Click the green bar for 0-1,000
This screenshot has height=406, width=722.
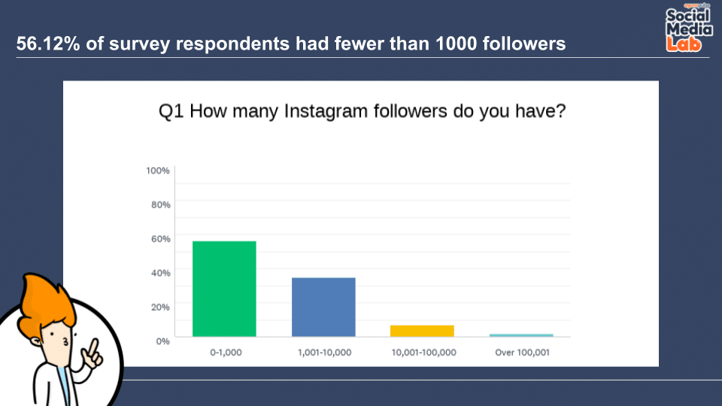(x=224, y=289)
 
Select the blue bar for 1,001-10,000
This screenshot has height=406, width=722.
(x=323, y=307)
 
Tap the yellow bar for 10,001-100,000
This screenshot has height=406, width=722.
(x=423, y=331)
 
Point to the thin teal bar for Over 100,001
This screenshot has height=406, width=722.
(x=521, y=335)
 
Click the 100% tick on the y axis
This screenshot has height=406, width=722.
(x=158, y=171)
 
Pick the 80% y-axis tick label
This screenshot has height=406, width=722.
(x=160, y=205)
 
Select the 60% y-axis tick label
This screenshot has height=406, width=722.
(x=160, y=238)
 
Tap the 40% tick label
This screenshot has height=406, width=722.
(x=160, y=272)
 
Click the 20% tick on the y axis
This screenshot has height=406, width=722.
(x=160, y=307)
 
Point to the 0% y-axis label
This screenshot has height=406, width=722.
(x=162, y=341)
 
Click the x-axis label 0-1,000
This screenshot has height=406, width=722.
(x=224, y=352)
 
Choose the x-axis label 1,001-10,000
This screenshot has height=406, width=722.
(x=323, y=352)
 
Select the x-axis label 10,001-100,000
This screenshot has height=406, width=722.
(x=423, y=352)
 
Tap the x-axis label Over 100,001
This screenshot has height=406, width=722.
(x=522, y=352)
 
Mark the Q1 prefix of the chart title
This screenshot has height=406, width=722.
(x=170, y=111)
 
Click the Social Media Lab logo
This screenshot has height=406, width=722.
(x=687, y=29)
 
